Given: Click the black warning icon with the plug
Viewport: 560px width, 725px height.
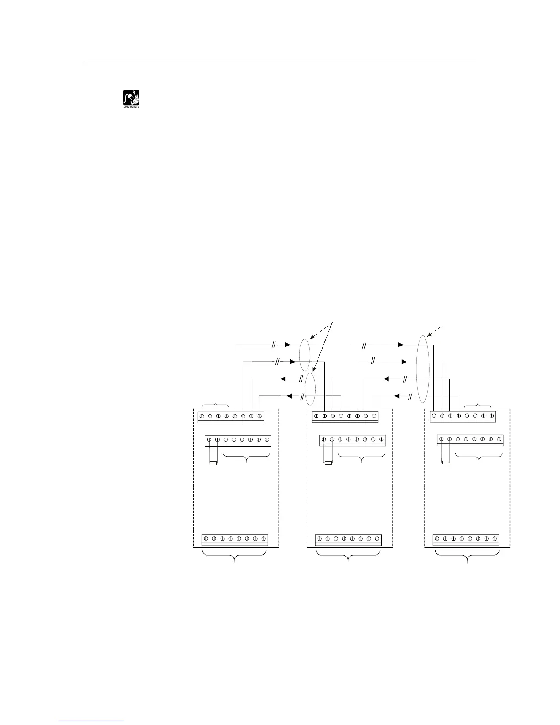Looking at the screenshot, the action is pos(131,97).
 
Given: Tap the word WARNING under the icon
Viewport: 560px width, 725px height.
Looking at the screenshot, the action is pos(131,108).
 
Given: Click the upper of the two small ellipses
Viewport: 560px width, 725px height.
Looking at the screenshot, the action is pos(305,354).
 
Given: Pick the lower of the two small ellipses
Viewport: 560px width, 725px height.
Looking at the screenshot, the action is pos(310,389).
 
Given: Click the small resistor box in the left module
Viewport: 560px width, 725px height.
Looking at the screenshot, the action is pos(213,463).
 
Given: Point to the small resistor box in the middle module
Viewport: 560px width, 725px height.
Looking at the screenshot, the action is pos(328,463).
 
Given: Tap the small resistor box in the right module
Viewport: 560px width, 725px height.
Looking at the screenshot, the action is pos(446,463).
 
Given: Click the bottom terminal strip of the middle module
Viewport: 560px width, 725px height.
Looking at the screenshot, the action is pos(348,540).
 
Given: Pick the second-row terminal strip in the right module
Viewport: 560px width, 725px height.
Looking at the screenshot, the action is pos(470,440).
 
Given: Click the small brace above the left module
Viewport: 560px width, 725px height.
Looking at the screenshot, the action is pos(215,404).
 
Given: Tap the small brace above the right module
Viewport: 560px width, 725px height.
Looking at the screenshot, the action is pos(478,404).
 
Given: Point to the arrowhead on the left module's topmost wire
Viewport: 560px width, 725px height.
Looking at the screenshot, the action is pos(287,345).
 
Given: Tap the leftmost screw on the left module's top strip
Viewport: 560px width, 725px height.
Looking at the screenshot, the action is pos(202,417).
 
